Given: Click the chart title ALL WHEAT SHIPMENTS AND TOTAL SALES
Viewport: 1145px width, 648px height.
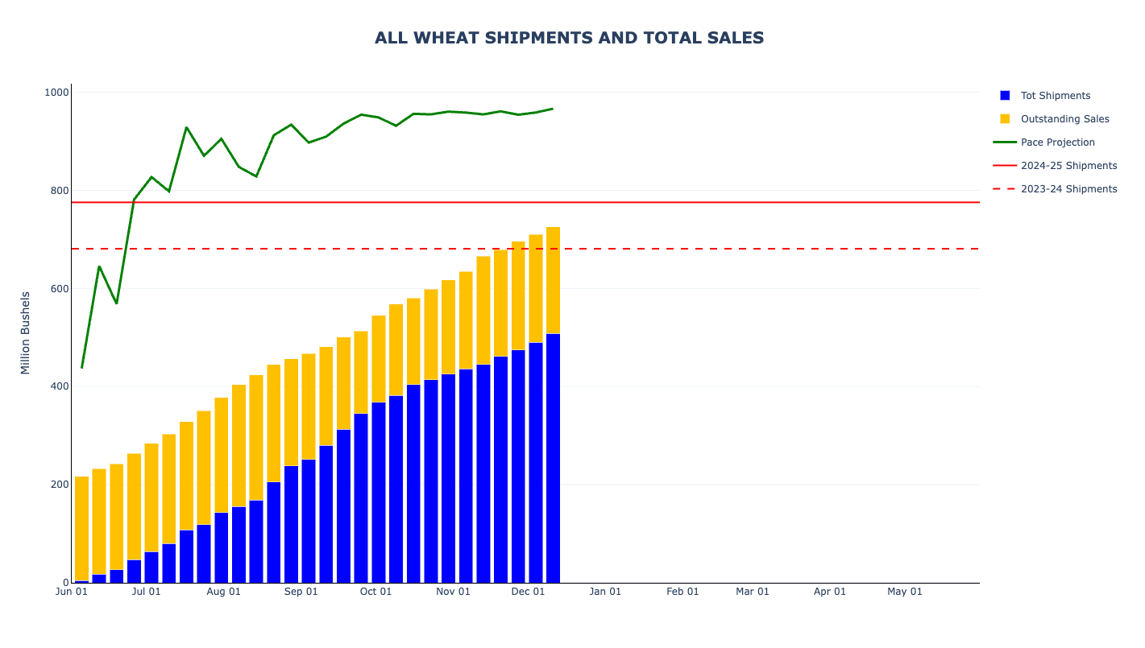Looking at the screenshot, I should (569, 38).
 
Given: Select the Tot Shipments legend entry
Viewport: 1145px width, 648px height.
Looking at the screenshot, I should (1055, 96).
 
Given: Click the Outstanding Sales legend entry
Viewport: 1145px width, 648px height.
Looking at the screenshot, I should (1064, 119).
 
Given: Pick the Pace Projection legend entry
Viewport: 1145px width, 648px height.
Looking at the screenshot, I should (1057, 142).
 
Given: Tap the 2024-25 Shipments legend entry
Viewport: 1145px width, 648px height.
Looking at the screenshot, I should (1068, 166).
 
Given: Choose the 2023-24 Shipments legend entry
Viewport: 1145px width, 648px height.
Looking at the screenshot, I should (1068, 189).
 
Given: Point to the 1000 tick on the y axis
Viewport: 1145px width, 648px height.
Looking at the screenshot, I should (56, 93).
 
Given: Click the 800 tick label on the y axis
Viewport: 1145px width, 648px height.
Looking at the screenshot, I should (59, 191).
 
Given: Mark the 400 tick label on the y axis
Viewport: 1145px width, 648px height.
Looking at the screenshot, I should (59, 386).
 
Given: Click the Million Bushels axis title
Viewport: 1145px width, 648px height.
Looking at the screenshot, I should (25, 332).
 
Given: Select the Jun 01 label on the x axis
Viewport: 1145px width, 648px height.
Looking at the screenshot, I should (71, 592).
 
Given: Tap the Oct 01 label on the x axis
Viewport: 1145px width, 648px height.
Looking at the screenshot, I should (375, 592).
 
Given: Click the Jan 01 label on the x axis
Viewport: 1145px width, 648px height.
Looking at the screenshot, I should (605, 592).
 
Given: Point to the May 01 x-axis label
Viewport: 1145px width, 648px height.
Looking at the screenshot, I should (905, 592).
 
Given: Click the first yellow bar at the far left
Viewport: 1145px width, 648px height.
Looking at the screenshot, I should (81, 527).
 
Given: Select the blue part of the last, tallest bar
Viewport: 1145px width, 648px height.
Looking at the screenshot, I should (553, 459).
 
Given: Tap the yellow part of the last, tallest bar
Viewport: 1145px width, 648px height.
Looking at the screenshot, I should (553, 280).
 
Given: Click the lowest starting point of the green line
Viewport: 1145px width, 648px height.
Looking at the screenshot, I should (81, 368).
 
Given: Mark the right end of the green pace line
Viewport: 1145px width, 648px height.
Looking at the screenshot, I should (553, 109).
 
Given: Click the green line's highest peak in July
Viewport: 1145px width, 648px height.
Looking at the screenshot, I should (186, 127).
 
